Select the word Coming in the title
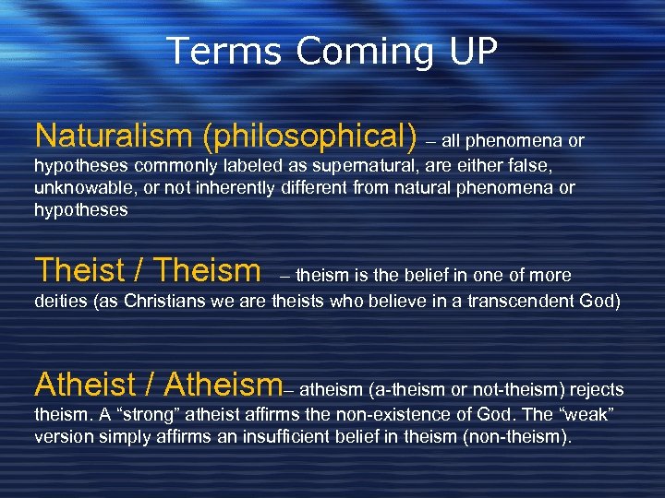click(367, 53)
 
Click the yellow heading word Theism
click(208, 271)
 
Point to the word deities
click(61, 302)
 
